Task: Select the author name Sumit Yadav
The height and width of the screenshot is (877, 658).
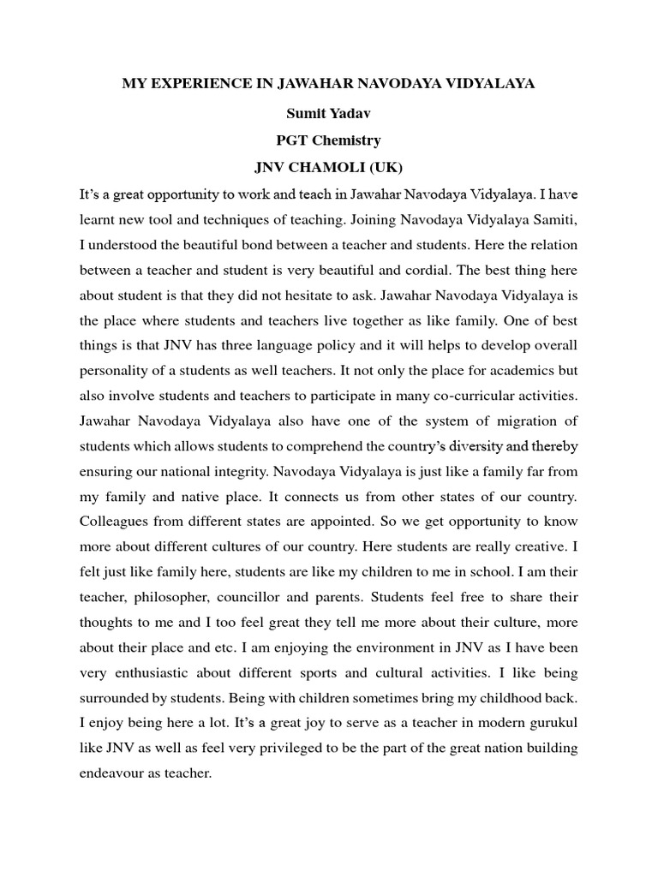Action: tap(328, 111)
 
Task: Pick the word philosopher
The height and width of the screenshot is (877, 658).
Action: tap(171, 595)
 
